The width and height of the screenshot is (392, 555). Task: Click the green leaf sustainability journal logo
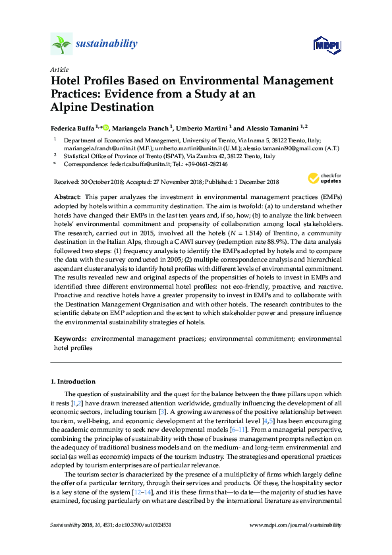[x=61, y=45]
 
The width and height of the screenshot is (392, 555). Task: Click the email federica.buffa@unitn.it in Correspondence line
[x=130, y=165]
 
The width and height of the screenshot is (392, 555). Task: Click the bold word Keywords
[x=69, y=338]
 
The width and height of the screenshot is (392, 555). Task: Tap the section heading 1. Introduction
[x=73, y=382]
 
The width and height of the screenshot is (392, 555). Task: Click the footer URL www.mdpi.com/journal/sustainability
[x=296, y=543]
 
